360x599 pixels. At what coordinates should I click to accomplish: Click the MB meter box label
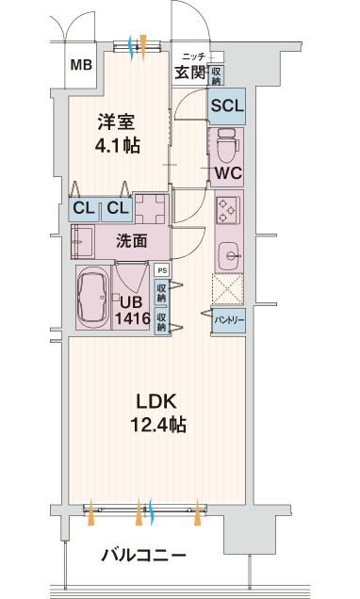pyautogui.click(x=81, y=65)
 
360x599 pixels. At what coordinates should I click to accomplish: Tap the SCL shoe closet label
pyautogui.click(x=227, y=105)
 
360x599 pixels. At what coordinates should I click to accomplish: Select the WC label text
pyautogui.click(x=228, y=173)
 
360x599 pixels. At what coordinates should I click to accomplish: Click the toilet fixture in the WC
pyautogui.click(x=228, y=145)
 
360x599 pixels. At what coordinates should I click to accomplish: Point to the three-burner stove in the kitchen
pyautogui.click(x=228, y=210)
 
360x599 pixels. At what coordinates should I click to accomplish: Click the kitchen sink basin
pyautogui.click(x=230, y=255)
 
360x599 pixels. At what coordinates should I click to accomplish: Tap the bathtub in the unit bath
pyautogui.click(x=93, y=298)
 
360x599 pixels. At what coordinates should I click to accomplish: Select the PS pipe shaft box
pyautogui.click(x=163, y=270)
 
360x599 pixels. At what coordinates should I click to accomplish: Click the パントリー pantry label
pyautogui.click(x=229, y=320)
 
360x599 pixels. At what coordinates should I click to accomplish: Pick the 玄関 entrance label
pyautogui.click(x=190, y=73)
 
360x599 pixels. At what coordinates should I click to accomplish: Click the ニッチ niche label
pyautogui.click(x=194, y=57)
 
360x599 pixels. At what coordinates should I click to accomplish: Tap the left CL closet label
pyautogui.click(x=84, y=208)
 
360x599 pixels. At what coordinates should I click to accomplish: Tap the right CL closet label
pyautogui.click(x=118, y=208)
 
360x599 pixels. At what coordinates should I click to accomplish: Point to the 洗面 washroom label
pyautogui.click(x=131, y=241)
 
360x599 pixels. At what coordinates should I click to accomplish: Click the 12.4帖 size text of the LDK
pyautogui.click(x=158, y=425)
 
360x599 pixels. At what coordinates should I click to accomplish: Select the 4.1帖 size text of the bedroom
pyautogui.click(x=117, y=145)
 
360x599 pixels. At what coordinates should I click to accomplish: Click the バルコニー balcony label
pyautogui.click(x=143, y=555)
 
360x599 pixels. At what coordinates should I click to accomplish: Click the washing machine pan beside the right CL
pyautogui.click(x=152, y=209)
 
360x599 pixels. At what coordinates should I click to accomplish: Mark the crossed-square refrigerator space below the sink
pyautogui.click(x=228, y=289)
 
